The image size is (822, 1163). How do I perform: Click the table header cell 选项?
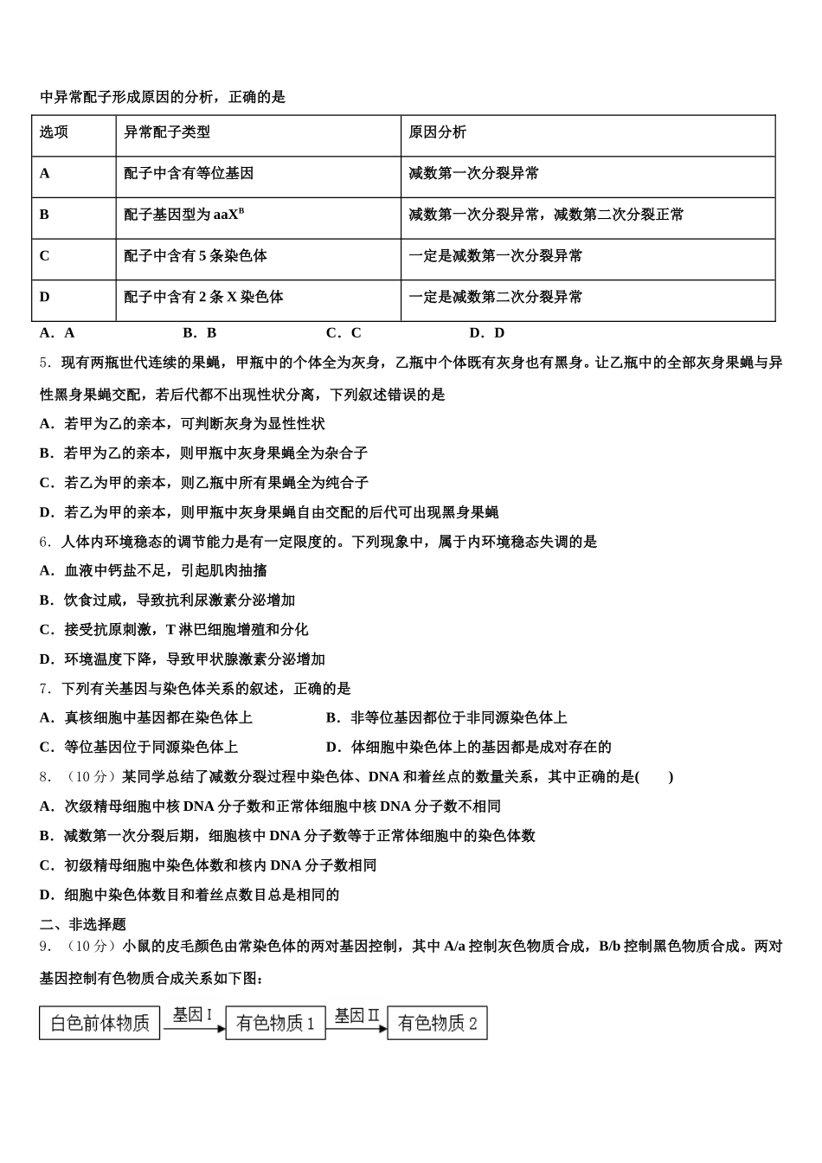click(54, 132)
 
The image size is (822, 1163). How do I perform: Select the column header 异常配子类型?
click(166, 132)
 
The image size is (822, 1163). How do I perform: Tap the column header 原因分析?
click(437, 132)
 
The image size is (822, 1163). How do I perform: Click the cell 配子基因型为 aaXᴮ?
click(183, 215)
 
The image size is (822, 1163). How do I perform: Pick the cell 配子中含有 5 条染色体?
click(195, 256)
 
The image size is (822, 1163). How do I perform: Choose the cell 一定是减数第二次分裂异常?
click(495, 297)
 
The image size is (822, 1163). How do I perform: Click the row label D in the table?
click(45, 297)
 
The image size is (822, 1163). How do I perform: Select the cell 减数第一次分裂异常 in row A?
click(473, 173)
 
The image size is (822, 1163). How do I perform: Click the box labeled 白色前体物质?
click(100, 1023)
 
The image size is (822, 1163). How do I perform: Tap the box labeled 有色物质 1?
click(275, 1023)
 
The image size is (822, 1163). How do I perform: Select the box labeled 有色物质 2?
click(437, 1023)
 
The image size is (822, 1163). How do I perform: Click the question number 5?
click(45, 363)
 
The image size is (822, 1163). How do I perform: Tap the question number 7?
click(45, 689)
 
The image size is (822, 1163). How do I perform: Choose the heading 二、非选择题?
click(83, 925)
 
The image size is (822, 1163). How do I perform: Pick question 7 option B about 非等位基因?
click(446, 718)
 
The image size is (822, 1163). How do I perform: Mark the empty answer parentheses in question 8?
click(654, 777)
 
